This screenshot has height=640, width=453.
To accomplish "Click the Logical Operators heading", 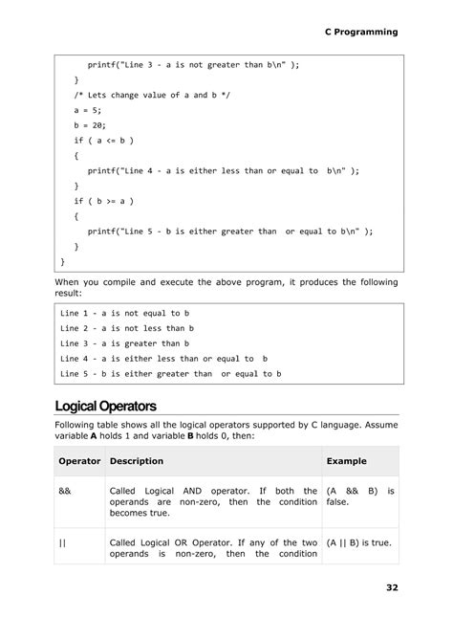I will (x=105, y=406).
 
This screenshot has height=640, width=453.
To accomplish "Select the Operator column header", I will (x=79, y=460).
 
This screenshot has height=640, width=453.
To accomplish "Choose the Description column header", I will (x=137, y=460).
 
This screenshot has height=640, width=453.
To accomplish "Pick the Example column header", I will (x=346, y=460).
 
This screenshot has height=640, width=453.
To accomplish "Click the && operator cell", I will (x=65, y=491).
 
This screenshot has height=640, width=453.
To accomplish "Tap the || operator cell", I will (x=63, y=542).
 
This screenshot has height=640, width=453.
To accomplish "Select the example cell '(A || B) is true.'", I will (x=359, y=542).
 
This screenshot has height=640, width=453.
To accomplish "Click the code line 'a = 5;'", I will (x=89, y=110).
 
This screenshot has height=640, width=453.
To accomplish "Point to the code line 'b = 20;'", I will (x=91, y=124).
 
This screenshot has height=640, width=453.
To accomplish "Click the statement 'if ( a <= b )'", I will (x=104, y=140).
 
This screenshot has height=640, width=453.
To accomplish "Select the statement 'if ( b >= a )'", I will (x=104, y=201).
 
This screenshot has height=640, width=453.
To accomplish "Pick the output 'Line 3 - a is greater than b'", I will (x=124, y=343).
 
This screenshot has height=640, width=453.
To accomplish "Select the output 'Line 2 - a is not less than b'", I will (x=126, y=328).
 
